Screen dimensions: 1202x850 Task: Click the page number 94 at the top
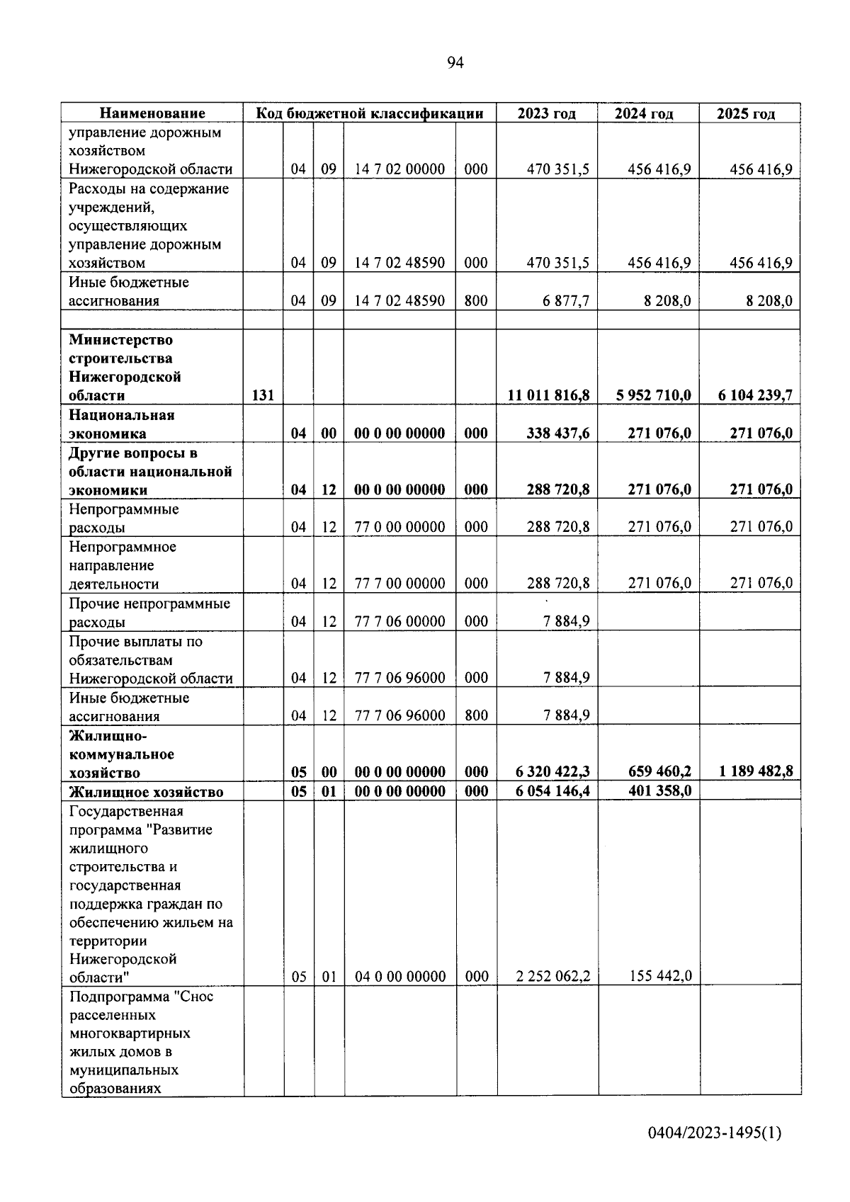(455, 63)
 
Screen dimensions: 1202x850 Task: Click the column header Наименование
(152, 113)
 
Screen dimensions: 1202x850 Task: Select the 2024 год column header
(644, 113)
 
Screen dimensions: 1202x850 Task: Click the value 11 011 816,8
(548, 395)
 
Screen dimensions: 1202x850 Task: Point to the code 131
(263, 395)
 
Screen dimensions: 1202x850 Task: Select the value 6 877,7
(566, 301)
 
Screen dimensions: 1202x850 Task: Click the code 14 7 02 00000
(399, 169)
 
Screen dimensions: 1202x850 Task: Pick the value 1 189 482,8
(756, 771)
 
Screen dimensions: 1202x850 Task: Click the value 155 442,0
(660, 976)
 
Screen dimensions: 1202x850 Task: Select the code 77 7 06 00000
(399, 621)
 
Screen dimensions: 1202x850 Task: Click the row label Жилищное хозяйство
(146, 792)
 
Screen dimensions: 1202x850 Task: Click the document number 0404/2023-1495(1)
(713, 1133)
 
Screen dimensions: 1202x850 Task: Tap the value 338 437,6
(557, 433)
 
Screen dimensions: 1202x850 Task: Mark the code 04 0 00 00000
(399, 976)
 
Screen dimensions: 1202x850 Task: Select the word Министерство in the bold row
(120, 340)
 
